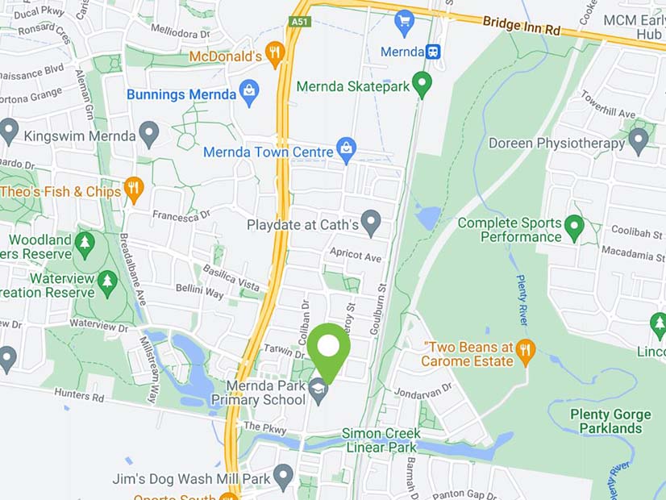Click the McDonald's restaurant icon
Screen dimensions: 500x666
(275, 54)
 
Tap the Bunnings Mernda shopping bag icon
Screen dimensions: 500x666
(249, 94)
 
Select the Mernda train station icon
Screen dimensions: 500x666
(434, 52)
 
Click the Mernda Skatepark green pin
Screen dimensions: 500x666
(421, 83)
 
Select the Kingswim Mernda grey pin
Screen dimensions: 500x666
(148, 134)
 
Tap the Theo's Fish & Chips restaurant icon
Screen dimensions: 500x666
(134, 190)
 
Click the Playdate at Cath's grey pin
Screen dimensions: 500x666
(370, 222)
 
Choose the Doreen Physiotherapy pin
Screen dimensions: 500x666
(638, 141)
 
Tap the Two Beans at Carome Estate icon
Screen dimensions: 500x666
(526, 351)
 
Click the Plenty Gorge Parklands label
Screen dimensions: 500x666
(610, 421)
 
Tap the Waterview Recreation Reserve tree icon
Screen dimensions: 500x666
(107, 281)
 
